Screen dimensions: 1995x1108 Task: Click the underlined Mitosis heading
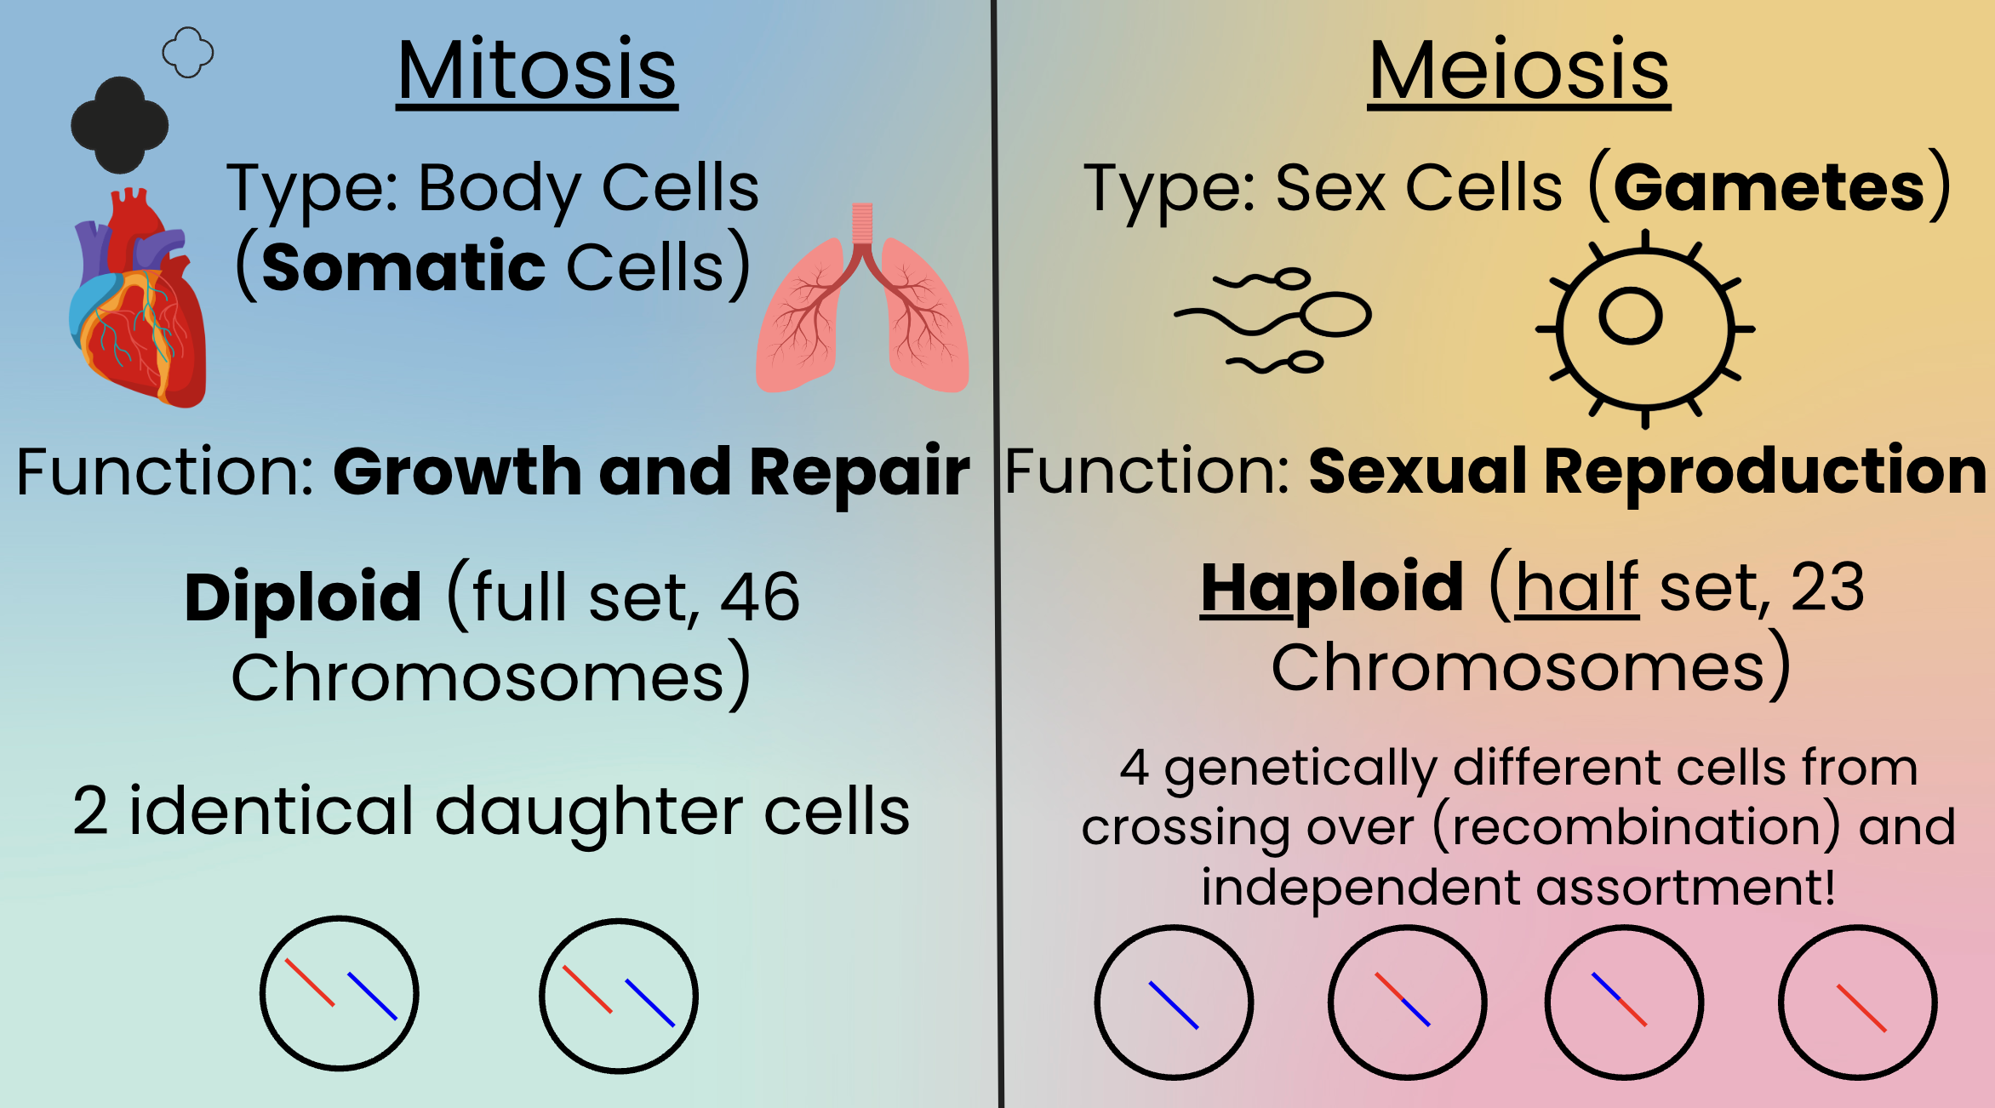tap(537, 71)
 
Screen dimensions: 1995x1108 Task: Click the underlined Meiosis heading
tap(1519, 71)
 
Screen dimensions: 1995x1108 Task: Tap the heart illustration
tap(138, 298)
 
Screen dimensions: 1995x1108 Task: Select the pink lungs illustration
tap(862, 298)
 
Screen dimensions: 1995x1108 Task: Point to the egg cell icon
tap(1645, 328)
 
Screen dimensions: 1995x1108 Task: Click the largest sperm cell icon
tap(1273, 317)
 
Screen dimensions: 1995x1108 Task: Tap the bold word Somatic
tap(403, 267)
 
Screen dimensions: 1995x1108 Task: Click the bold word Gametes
tap(1769, 188)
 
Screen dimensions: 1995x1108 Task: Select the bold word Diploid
tap(303, 597)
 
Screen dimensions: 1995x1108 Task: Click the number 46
tap(760, 597)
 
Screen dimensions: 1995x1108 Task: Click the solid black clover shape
tap(119, 125)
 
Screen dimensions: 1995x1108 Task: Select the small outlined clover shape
tap(188, 53)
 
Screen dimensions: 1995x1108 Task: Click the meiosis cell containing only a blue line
tap(1174, 1002)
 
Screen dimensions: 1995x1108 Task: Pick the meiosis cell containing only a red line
tap(1858, 1002)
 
